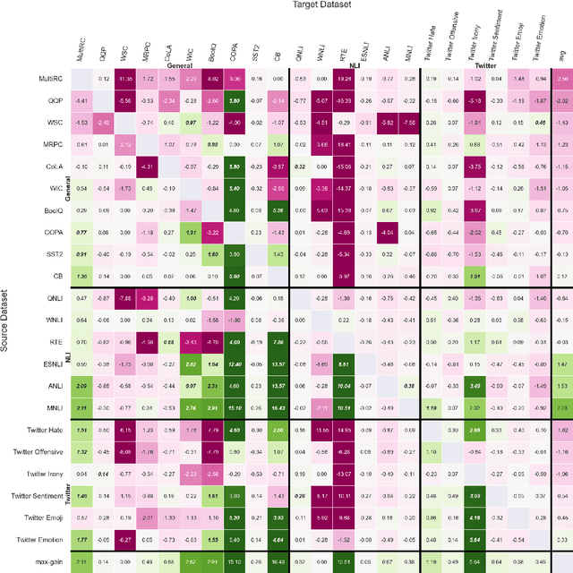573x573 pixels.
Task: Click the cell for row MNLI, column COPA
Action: [x=235, y=407]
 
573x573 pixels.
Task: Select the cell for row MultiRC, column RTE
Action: [x=344, y=80]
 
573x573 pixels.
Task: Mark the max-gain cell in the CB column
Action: [x=278, y=561]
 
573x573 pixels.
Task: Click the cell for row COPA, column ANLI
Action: [x=387, y=230]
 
